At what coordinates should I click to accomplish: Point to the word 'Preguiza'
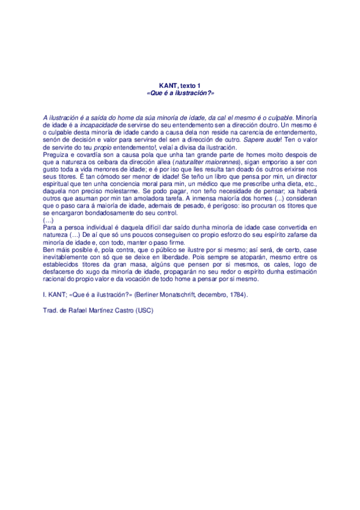point(55,155)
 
